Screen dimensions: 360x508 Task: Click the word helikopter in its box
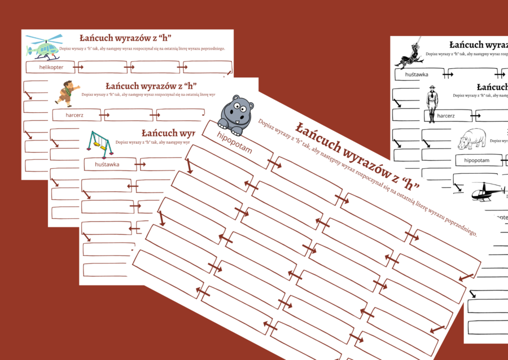pyautogui.click(x=51, y=67)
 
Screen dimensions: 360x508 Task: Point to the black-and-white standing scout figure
pyautogui.click(x=432, y=103)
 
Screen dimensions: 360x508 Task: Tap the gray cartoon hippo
pyautogui.click(x=236, y=111)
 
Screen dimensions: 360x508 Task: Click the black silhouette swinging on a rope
pyautogui.click(x=410, y=54)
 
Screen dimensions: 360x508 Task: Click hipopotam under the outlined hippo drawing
pyautogui.click(x=476, y=160)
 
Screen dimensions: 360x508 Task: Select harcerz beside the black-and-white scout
pyautogui.click(x=446, y=116)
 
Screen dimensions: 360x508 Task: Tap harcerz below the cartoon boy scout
pyautogui.click(x=75, y=115)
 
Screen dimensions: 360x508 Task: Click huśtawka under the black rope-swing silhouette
pyautogui.click(x=416, y=74)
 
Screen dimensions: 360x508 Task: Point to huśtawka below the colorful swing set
pyautogui.click(x=107, y=164)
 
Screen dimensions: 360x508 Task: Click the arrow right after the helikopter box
pyautogui.click(x=78, y=67)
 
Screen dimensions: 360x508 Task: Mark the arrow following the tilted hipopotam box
pyautogui.click(x=275, y=164)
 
